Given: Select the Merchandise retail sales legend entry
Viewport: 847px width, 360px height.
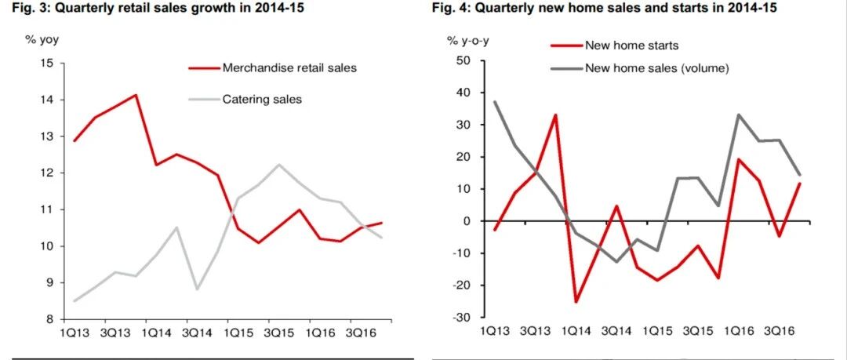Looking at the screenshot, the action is [273, 68].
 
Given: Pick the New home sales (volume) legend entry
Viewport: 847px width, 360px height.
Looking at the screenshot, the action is [641, 69].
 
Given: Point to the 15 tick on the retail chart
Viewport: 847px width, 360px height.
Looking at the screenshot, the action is [48, 64].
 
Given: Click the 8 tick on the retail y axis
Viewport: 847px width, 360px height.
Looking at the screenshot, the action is [51, 319].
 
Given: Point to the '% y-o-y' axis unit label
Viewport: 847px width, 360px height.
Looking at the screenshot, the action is [467, 40].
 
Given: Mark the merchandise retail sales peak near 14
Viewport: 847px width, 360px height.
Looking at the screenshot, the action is [135, 95].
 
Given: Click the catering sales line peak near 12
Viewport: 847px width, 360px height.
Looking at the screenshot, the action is [278, 165].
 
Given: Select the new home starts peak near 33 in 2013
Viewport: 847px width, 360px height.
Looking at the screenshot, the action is [555, 115].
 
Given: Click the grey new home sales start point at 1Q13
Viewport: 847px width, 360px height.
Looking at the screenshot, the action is [494, 102].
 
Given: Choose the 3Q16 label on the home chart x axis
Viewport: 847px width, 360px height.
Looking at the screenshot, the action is [780, 329].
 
